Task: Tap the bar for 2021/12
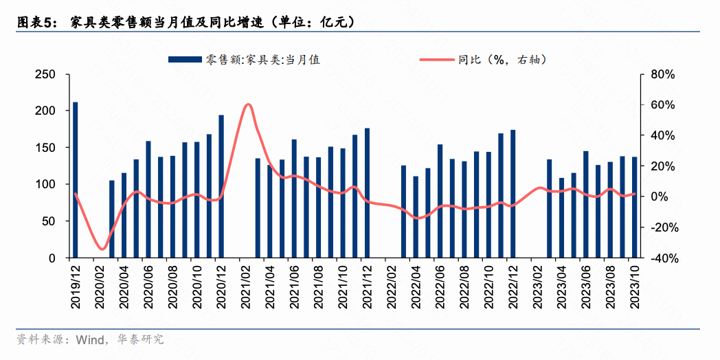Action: coord(367,193)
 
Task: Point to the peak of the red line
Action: coord(247,104)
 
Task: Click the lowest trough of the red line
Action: coord(102,249)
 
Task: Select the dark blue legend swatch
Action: coord(183,60)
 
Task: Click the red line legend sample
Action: coord(437,60)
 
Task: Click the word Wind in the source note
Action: coord(89,339)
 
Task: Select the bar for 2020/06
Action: coord(148,199)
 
